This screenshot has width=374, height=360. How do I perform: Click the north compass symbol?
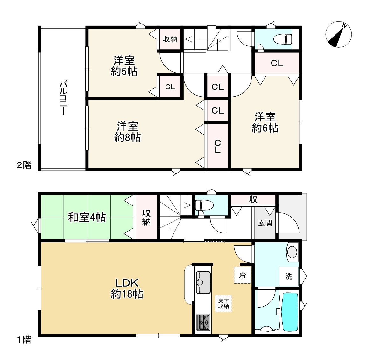(338, 35)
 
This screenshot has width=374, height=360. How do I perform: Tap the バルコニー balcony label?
(63, 98)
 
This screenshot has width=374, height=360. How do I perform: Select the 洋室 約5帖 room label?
(124, 66)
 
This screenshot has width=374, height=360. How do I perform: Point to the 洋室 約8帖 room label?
(127, 132)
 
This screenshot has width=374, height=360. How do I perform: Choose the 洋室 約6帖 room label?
(265, 122)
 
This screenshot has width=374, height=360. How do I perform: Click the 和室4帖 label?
(87, 217)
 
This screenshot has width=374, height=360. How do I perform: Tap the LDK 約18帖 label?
(127, 288)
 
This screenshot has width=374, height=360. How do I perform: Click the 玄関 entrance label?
(265, 223)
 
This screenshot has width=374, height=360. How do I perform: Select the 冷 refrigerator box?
(242, 275)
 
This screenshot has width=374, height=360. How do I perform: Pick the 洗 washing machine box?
(289, 276)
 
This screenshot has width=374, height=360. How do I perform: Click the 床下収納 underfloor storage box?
(223, 303)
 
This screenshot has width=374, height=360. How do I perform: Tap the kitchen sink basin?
(203, 282)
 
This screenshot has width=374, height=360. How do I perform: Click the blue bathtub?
(290, 312)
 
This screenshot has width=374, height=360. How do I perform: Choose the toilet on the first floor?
(202, 205)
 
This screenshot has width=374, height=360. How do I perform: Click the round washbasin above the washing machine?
(292, 252)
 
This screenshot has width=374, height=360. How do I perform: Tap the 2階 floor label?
(24, 165)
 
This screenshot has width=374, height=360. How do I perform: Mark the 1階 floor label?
(24, 340)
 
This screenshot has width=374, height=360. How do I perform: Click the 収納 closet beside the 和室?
(146, 217)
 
